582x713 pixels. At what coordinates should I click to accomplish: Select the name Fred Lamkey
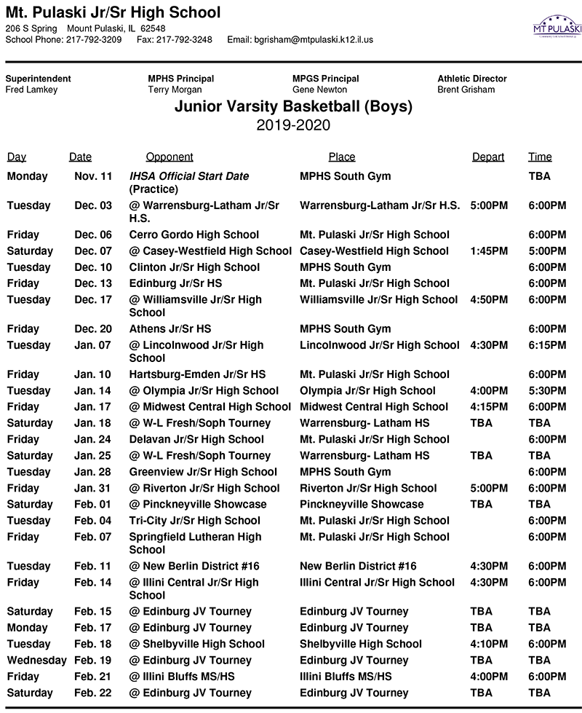pyautogui.click(x=31, y=90)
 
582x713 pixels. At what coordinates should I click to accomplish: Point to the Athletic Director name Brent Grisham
pyautogui.click(x=466, y=90)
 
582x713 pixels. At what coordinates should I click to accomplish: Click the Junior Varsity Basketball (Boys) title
pyautogui.click(x=293, y=107)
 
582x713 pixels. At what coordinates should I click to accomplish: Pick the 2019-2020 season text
pyautogui.click(x=293, y=125)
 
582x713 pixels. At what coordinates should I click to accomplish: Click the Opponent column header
pyautogui.click(x=170, y=157)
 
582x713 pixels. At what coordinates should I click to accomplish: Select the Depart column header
pyautogui.click(x=487, y=157)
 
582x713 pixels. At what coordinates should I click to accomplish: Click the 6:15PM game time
pyautogui.click(x=547, y=345)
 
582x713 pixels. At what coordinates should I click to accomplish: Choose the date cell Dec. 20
pyautogui.click(x=93, y=329)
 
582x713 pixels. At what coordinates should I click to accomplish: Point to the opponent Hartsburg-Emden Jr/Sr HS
pyautogui.click(x=197, y=374)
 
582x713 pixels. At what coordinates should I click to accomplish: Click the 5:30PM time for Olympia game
pyautogui.click(x=547, y=390)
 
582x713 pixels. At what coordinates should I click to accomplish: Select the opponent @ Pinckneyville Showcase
pyautogui.click(x=198, y=504)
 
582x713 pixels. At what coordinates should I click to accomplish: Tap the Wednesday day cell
pyautogui.click(x=36, y=660)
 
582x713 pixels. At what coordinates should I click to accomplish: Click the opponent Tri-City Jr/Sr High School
pyautogui.click(x=194, y=520)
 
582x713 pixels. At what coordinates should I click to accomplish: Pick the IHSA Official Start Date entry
pyautogui.click(x=188, y=176)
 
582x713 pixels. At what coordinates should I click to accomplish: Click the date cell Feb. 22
pyautogui.click(x=93, y=693)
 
